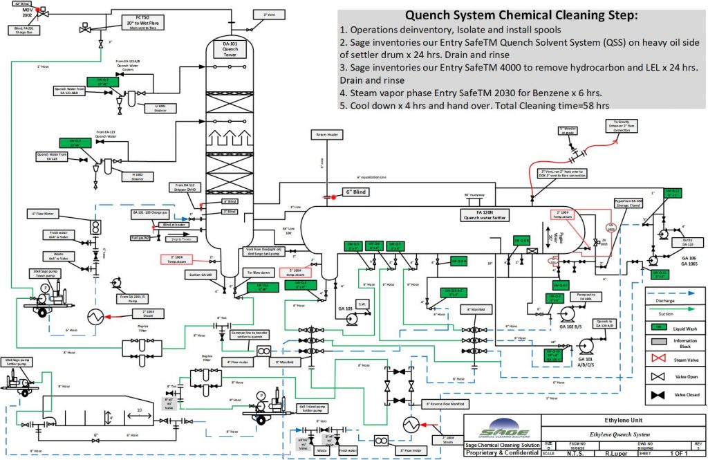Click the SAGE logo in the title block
tap(499, 429)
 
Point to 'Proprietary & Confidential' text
tap(501, 453)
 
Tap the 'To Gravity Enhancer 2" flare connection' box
tap(624, 125)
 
